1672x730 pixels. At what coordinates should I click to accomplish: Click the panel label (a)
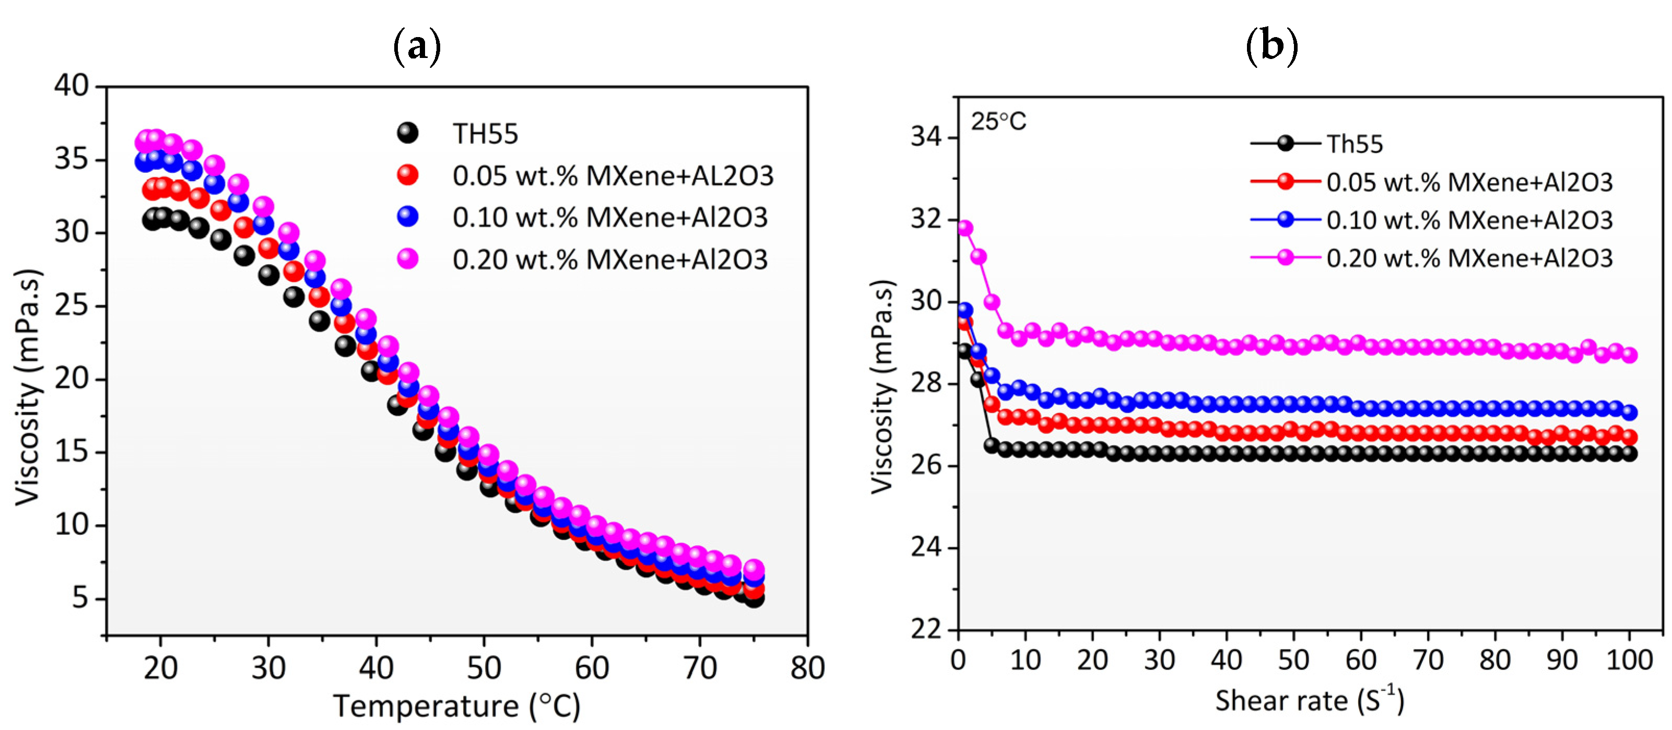coord(417,46)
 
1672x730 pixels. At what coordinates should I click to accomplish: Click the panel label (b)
coord(1271,46)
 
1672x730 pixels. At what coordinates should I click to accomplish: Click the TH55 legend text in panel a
coord(485,134)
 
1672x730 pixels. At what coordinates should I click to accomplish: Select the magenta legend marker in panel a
coord(408,258)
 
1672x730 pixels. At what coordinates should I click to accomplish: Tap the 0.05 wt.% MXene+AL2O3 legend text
coord(613,176)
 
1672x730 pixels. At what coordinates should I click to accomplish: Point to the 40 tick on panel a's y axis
coord(72,86)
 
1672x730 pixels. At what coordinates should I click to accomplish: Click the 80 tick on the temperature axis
coord(807,668)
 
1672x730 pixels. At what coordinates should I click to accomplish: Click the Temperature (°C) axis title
coord(457,706)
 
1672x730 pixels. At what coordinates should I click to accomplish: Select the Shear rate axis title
coord(1309,701)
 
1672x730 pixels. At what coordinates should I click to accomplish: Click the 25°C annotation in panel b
coord(998,121)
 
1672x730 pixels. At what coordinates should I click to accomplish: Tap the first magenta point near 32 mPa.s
coord(965,228)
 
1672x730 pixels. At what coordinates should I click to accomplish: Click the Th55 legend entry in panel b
coord(1354,144)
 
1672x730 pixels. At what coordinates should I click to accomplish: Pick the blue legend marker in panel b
coord(1285,219)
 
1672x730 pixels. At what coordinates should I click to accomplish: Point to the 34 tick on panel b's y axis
coord(926,137)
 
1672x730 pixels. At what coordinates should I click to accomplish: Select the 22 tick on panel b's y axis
coord(926,629)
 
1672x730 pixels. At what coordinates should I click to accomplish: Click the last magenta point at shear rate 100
coord(1629,355)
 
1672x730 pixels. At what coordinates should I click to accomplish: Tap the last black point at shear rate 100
coord(1629,454)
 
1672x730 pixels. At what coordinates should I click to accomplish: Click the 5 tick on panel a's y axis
coord(79,597)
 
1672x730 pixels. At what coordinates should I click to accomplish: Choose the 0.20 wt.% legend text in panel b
coord(1469,258)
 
